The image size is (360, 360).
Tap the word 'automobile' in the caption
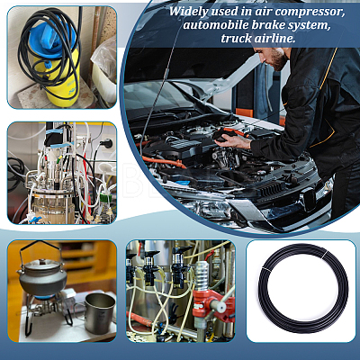[x=216, y=25]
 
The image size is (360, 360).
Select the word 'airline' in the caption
[x=274, y=39]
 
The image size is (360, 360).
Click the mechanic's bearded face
[x=277, y=57]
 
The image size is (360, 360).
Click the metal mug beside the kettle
[x=99, y=313]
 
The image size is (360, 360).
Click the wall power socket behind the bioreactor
[x=108, y=143]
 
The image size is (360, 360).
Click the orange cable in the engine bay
[x=163, y=162]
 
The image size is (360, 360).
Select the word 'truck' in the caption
[x=236, y=39]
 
